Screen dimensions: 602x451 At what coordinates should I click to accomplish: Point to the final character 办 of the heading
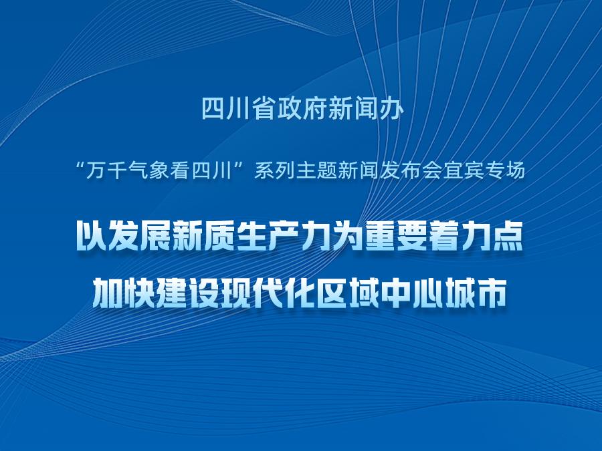coord(391,108)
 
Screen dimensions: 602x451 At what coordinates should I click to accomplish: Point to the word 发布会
coord(411,170)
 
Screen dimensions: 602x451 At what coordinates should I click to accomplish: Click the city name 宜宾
coord(463,170)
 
